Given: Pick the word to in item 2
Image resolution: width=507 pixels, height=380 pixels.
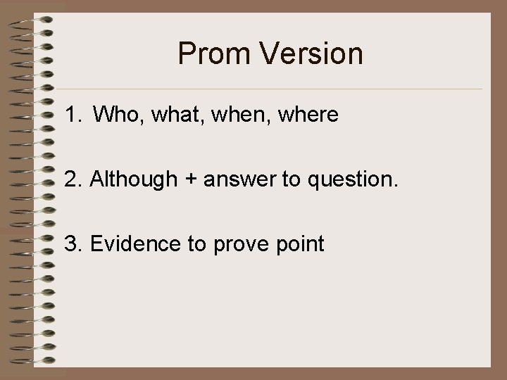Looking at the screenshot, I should [291, 181].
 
